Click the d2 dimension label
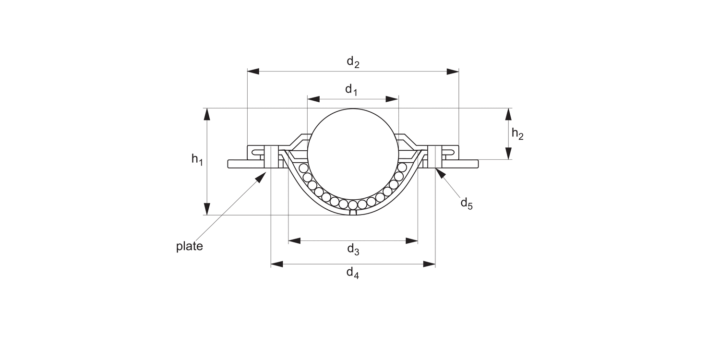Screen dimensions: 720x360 [x=353, y=62]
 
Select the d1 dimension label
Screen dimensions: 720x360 [x=351, y=90]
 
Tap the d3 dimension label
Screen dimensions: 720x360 [x=353, y=250]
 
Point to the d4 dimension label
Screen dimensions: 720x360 [x=353, y=273]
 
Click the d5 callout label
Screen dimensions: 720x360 [x=467, y=204]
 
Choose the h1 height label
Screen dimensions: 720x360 [x=197, y=159]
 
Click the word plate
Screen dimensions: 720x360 [x=190, y=246]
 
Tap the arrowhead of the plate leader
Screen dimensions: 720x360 [x=261, y=177]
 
